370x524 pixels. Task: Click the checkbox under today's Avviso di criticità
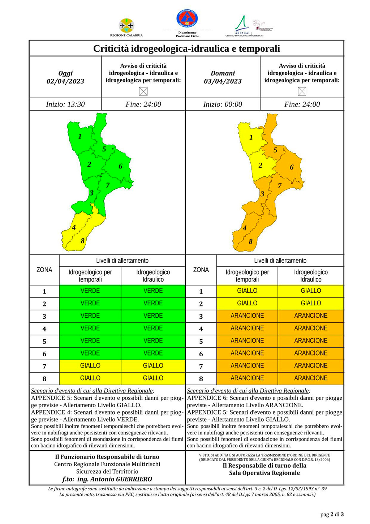(143, 91)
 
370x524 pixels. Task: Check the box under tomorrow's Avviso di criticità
(302, 91)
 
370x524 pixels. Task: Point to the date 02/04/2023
(65, 81)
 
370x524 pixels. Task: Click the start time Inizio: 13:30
(65, 104)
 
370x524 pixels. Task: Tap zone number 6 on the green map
(120, 166)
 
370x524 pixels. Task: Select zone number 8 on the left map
(82, 241)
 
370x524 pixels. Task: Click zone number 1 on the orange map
(251, 137)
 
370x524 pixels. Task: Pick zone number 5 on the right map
(275, 150)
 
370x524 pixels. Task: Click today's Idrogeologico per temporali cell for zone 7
(90, 366)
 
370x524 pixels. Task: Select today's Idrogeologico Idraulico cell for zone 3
(153, 316)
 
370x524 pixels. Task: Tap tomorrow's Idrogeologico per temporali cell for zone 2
(247, 303)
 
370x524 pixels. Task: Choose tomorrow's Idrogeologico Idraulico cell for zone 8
(311, 378)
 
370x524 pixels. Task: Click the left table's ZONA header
(44, 270)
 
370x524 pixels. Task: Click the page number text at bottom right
(332, 514)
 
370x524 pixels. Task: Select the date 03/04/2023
(223, 81)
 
